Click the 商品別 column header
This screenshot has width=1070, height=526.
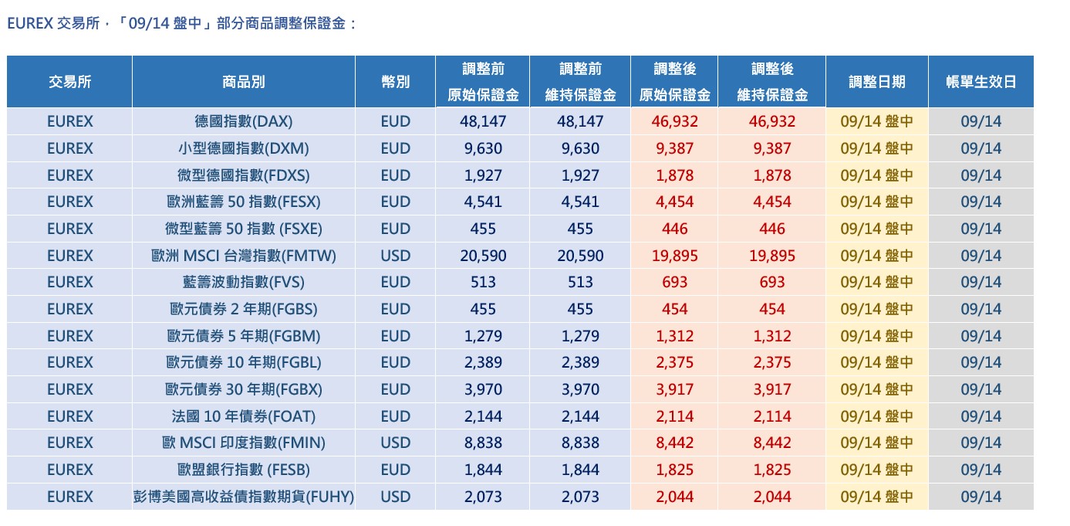tap(244, 82)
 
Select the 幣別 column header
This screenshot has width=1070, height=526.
tap(396, 82)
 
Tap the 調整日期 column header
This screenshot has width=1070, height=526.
tap(877, 82)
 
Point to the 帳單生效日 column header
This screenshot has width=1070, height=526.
tap(981, 82)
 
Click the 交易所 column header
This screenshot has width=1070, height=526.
tap(69, 82)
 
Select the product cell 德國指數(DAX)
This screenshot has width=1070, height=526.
tap(244, 121)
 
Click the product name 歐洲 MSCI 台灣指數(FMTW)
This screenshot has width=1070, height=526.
tap(244, 256)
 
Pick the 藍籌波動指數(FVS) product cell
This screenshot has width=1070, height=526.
tap(244, 282)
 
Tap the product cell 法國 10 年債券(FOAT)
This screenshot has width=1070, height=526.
tap(244, 416)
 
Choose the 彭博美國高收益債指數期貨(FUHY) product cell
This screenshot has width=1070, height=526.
tap(244, 497)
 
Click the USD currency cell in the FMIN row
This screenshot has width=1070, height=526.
tap(396, 443)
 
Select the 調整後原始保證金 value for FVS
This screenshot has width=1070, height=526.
tap(674, 282)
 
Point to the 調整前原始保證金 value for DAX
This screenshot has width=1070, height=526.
tap(483, 121)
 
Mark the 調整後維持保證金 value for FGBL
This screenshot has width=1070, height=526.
tap(772, 362)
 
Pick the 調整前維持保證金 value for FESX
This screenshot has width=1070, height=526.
tap(580, 202)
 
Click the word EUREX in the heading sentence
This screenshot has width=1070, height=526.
tap(29, 23)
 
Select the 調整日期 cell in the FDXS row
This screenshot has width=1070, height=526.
tap(877, 175)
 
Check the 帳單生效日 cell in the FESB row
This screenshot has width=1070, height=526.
tap(981, 470)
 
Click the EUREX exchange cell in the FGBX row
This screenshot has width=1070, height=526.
tap(69, 390)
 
